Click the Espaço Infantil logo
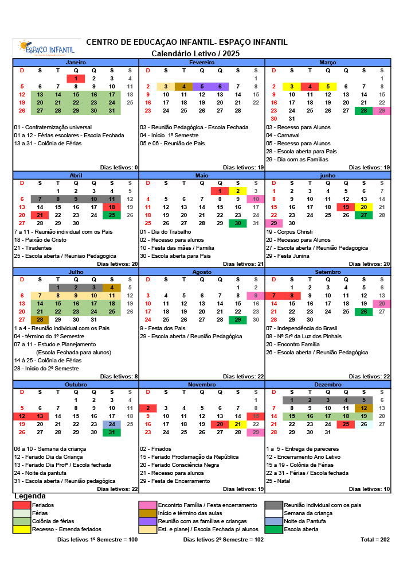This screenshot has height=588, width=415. point(46,47)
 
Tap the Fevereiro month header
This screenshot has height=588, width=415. point(202,62)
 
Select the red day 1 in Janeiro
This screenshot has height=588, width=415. point(76,79)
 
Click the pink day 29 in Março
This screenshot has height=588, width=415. point(382,111)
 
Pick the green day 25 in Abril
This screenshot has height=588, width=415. point(112,215)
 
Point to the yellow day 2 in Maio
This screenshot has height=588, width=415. point(238,191)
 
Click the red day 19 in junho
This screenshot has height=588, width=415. point(346,207)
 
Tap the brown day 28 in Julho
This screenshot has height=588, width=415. point(40,320)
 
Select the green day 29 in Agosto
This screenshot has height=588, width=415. point(238,320)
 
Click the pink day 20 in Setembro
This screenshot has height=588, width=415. point(382,304)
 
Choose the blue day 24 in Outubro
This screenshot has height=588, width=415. point(112,424)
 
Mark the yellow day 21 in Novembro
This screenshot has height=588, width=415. point(238,424)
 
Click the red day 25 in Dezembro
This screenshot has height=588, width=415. point(346,424)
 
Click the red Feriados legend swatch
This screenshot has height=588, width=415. point(22,505)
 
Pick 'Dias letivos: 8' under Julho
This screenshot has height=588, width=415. point(119,377)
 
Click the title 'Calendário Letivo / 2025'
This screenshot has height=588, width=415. point(195,53)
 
